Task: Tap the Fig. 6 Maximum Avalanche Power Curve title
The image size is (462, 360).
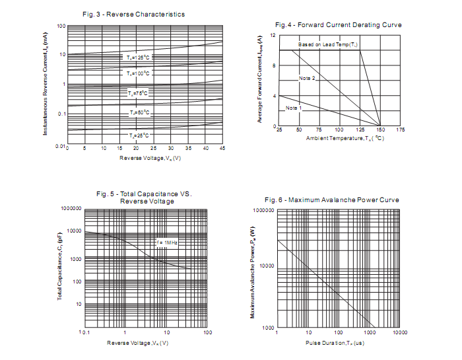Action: pyautogui.click(x=331, y=199)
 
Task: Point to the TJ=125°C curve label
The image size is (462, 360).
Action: pyautogui.click(x=138, y=58)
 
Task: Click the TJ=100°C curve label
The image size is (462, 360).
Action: pyautogui.click(x=138, y=73)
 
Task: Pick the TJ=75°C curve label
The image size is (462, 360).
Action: pyautogui.click(x=138, y=94)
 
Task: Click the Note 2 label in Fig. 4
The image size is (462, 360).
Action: pyautogui.click(x=307, y=78)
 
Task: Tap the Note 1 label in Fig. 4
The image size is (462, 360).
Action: pyautogui.click(x=294, y=107)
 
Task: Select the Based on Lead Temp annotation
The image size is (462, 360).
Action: pyautogui.click(x=328, y=44)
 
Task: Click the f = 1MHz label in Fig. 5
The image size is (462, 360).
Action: pyautogui.click(x=168, y=242)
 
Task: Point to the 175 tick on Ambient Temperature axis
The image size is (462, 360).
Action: pyautogui.click(x=400, y=130)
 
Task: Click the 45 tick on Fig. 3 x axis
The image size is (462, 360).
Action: pyautogui.click(x=222, y=148)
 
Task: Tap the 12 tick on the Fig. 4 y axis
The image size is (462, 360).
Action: pyautogui.click(x=273, y=34)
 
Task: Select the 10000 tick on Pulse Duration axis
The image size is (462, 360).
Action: pyautogui.click(x=399, y=332)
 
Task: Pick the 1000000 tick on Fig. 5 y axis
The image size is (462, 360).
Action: pyautogui.click(x=71, y=209)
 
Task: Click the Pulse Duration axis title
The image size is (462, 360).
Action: pyautogui.click(x=335, y=343)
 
